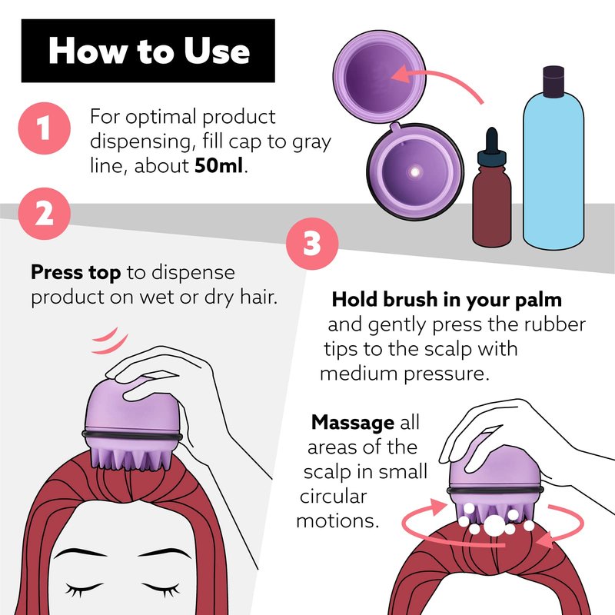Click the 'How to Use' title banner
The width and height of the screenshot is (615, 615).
coord(148,51)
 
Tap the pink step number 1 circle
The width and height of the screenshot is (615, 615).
coord(45,128)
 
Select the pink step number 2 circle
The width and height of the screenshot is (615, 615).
coord(45,214)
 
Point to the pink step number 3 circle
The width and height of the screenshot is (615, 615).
coord(312,244)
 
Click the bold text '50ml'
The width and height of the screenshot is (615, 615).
coord(219,165)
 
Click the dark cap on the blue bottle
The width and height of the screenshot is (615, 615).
coord(553,81)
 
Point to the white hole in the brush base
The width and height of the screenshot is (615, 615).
coord(414,171)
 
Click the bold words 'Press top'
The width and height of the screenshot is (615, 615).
coord(75,273)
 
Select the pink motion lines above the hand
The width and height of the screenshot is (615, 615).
coord(108,341)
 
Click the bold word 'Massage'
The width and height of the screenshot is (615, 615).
coord(353,422)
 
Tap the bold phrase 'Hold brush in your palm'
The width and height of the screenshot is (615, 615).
coord(447,300)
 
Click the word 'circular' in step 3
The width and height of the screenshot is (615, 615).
coord(334,496)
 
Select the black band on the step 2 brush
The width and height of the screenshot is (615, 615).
coord(132,436)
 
